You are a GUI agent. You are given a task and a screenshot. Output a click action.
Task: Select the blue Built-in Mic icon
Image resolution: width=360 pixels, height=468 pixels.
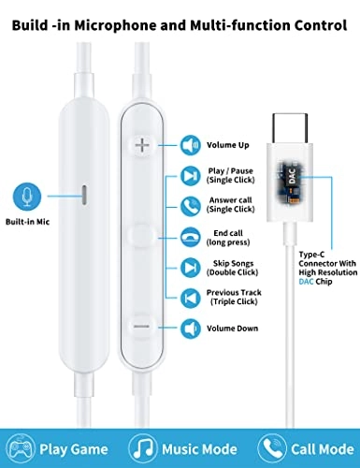click(x=26, y=197)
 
